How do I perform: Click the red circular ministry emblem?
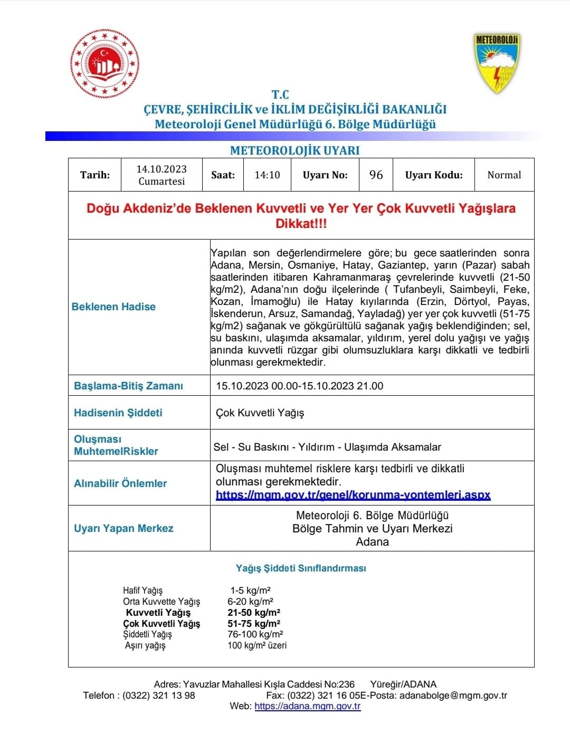105,64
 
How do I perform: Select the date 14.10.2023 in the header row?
161,169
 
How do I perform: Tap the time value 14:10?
267,175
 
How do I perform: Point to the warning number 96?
376,175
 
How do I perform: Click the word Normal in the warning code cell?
504,175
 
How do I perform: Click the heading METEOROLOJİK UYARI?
294,150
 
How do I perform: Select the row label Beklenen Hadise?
113,307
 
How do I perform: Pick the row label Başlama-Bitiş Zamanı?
128,386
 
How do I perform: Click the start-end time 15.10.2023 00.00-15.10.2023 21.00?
299,386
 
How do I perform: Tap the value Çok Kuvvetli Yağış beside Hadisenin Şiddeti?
260,413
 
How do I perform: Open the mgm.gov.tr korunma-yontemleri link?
353,495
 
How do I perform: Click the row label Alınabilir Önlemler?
120,483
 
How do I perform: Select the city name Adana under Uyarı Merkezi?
372,542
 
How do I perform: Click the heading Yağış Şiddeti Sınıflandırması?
301,568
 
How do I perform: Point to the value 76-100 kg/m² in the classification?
255,634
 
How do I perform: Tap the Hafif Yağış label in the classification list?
142,590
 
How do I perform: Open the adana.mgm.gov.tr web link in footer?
307,706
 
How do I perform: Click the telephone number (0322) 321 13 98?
158,695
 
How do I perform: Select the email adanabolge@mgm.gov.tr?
453,695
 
